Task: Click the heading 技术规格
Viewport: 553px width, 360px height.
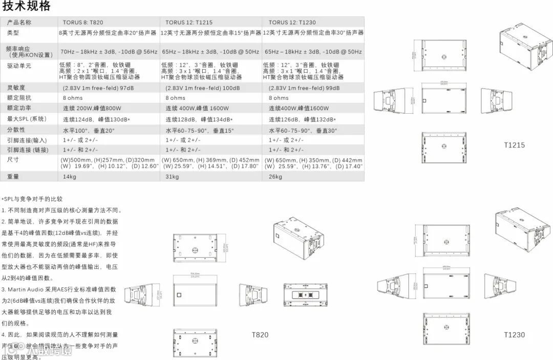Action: [27, 7]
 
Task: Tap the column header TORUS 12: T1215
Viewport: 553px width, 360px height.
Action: [188, 23]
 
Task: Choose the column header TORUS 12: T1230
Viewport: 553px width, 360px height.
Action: [292, 23]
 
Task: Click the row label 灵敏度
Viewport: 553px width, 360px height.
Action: [16, 88]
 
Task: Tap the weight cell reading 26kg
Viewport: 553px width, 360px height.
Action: [275, 177]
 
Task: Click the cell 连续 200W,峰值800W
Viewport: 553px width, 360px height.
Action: [93, 109]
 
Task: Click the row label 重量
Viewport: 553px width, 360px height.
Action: [13, 177]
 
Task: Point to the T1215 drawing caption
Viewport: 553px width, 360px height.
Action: [514, 145]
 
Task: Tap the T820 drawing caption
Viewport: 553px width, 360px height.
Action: [260, 335]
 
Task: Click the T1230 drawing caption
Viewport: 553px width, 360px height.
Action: [514, 335]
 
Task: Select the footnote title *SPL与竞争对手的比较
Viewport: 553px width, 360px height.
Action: [32, 199]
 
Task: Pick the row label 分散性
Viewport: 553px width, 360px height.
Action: [16, 130]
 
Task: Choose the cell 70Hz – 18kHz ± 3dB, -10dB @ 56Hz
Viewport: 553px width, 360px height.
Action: [109, 52]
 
